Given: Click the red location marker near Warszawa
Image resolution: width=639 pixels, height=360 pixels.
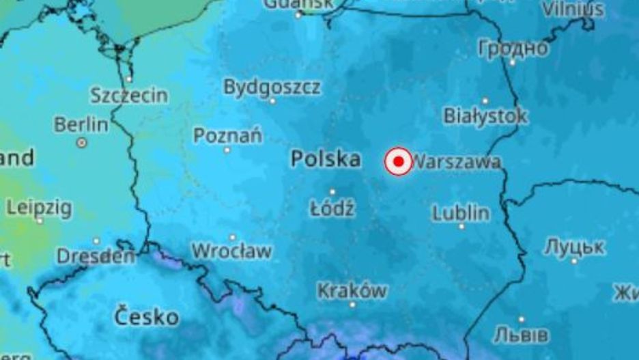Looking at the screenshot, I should tap(398, 162).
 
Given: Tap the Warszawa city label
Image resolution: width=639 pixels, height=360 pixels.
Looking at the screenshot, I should tap(457, 162).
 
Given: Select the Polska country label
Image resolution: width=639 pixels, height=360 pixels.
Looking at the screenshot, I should tap(326, 159).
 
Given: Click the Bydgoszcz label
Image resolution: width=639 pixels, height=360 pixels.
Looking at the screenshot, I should tap(272, 87).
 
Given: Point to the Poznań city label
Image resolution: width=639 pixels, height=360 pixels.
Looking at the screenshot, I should tap(227, 135).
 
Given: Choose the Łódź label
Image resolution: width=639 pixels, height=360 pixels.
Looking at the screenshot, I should tap(332, 208).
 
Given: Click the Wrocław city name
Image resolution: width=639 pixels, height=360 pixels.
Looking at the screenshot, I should tap(231, 251).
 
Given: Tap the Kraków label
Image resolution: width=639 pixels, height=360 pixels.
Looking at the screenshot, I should tap(352, 291).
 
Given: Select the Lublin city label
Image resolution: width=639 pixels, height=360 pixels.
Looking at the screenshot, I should tap(461, 213).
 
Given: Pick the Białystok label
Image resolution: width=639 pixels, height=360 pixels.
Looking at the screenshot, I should tap(485, 115).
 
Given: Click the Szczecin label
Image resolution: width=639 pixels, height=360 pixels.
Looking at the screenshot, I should tap(129, 95).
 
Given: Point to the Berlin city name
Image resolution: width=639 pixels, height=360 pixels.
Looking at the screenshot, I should tap(81, 125).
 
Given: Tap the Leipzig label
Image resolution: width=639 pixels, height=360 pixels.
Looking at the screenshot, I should tap(39, 207).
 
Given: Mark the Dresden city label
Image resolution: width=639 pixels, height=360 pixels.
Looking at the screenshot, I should tap(96, 257).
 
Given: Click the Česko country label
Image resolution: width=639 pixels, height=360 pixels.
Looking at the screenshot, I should tap(146, 317).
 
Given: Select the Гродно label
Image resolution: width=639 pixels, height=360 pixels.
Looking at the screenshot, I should tap(513, 49).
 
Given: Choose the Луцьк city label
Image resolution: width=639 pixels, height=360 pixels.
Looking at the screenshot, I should tap(574, 247).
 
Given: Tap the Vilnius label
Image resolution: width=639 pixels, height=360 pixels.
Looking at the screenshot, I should tap(573, 9).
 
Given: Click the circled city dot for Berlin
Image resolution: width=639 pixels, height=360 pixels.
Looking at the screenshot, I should tap(82, 143).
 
